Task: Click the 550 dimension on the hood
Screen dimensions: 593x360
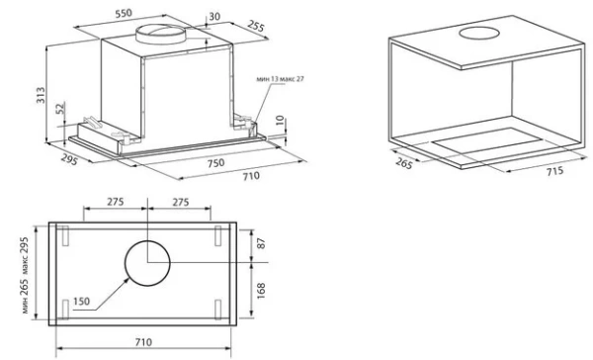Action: coord(124,13)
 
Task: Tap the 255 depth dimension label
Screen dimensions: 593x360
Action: coord(256,26)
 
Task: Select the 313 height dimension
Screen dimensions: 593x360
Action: coord(41,95)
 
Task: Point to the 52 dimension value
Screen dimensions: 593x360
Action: coord(60,109)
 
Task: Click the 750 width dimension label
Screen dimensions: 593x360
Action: coord(215,163)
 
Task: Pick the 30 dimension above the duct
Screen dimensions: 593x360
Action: coord(214,17)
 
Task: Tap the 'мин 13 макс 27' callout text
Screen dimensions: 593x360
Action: coord(281,79)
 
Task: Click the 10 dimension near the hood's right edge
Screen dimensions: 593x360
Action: coord(280,121)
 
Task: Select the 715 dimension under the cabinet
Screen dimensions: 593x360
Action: coord(554,171)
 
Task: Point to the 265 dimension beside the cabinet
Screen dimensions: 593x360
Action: coord(404,163)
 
